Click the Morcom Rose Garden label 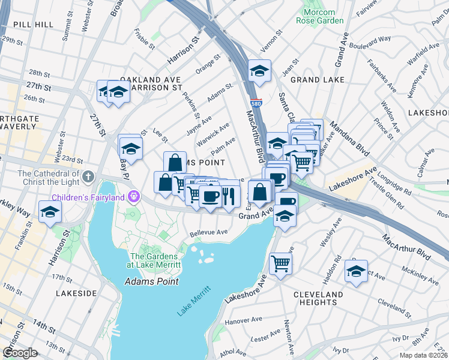pyautogui.click(x=320, y=16)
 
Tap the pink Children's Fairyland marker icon pyautogui.click(x=133, y=197)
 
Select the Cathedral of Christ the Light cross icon pyautogui.click(x=88, y=176)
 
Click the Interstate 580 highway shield pyautogui.click(x=256, y=103)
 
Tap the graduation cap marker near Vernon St pyautogui.click(x=259, y=71)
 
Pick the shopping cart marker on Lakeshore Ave pyautogui.click(x=280, y=263)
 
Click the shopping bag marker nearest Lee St pyautogui.click(x=174, y=162)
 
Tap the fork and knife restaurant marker pyautogui.click(x=229, y=196)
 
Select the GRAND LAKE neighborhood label pyautogui.click(x=318, y=79)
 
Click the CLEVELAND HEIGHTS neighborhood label pyautogui.click(x=319, y=298)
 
